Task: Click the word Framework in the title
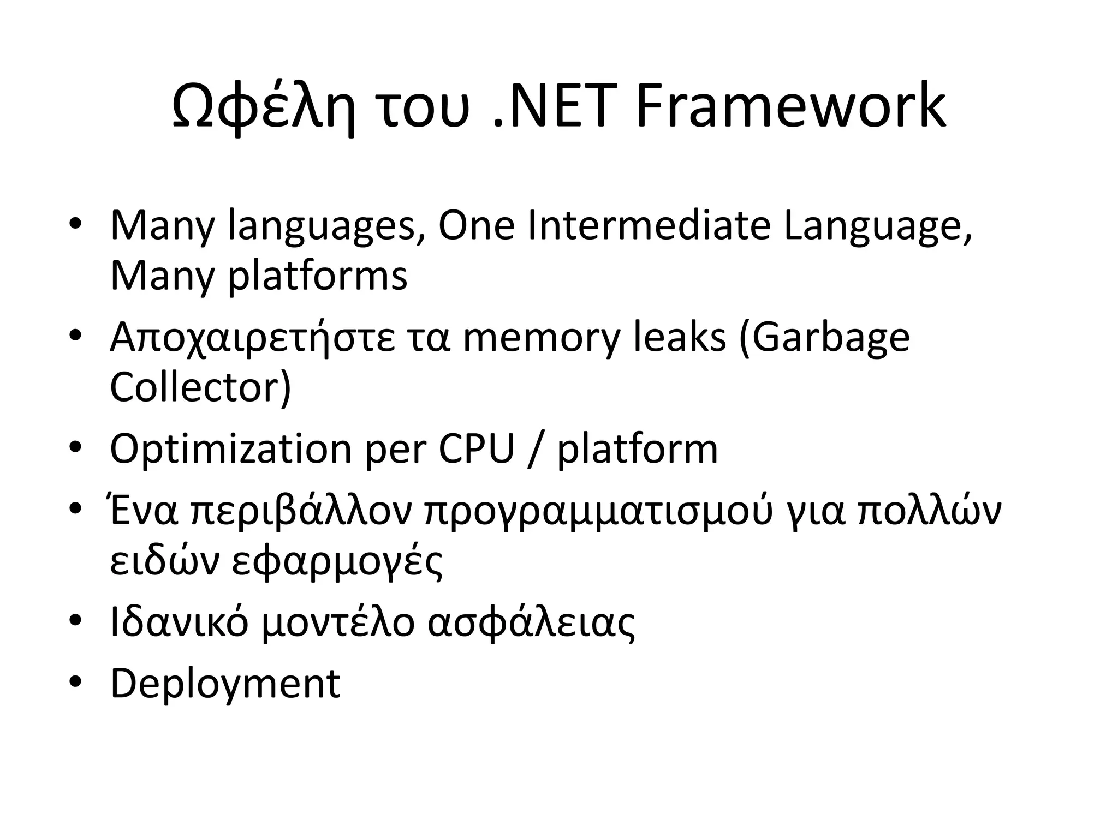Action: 790,106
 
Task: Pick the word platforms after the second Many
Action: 317,276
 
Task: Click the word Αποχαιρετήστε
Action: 252,338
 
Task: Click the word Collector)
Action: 201,387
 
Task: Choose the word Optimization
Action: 230,450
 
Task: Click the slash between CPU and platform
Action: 536,450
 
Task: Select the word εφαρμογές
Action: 337,562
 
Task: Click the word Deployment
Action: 225,684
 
